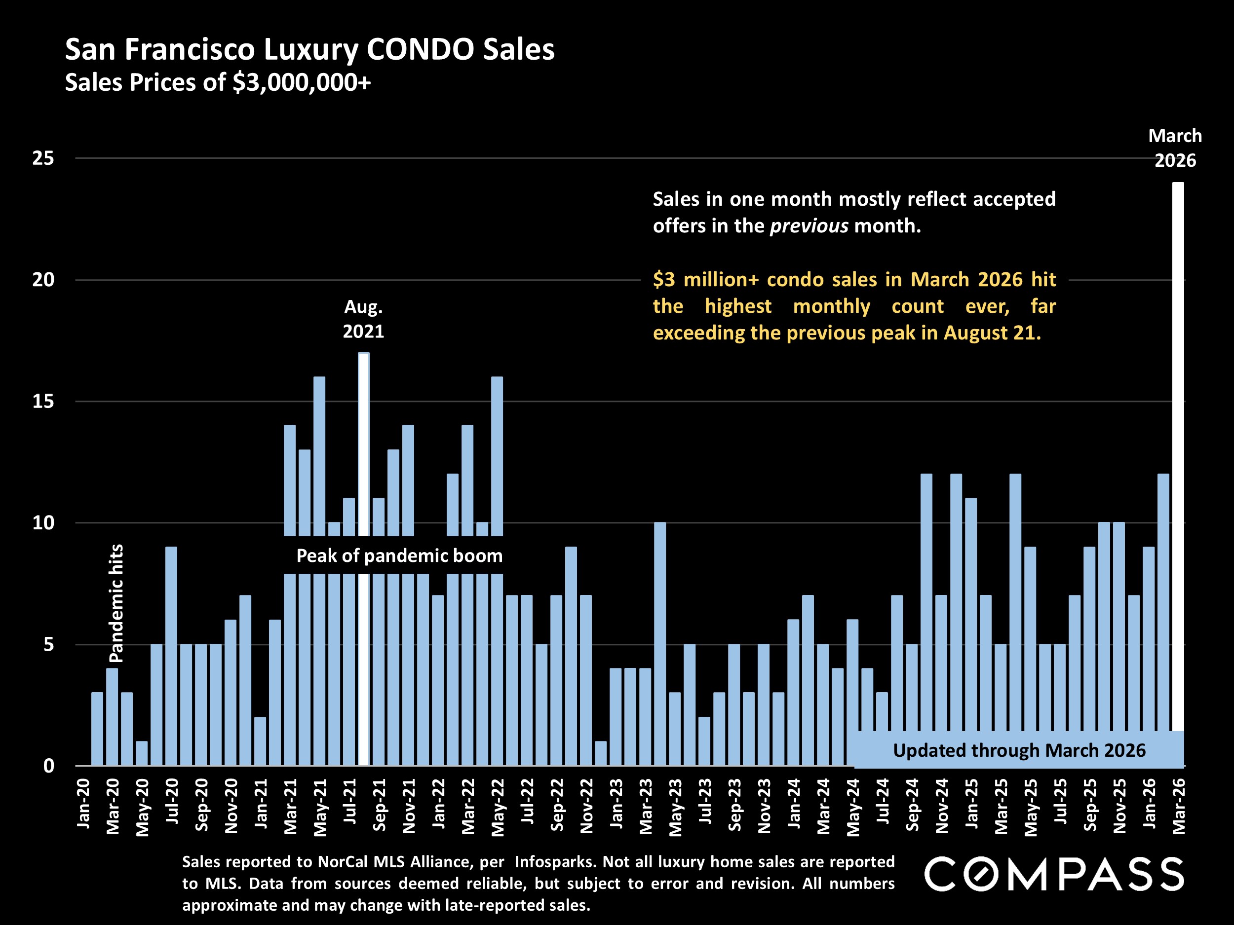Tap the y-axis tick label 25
pyautogui.click(x=43, y=158)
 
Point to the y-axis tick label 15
pyautogui.click(x=43, y=402)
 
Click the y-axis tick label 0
pyautogui.click(x=49, y=766)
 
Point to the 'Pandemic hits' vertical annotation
pyautogui.click(x=116, y=603)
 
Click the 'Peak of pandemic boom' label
pyautogui.click(x=399, y=556)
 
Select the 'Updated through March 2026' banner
pyautogui.click(x=1019, y=750)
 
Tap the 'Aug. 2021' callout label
pyautogui.click(x=363, y=319)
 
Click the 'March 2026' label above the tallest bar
pyautogui.click(x=1175, y=148)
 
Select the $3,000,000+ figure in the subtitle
pyautogui.click(x=302, y=82)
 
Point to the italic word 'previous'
pyautogui.click(x=810, y=226)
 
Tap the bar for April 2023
pyautogui.click(x=660, y=644)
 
